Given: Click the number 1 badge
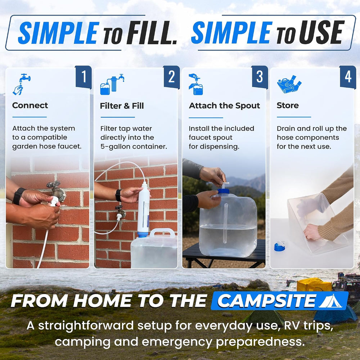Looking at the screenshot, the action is coord(84,77).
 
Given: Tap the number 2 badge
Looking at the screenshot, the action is coord(171,77).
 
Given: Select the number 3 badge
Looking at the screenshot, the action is coord(260,77).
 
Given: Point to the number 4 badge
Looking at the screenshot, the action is coord(348,77).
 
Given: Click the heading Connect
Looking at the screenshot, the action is coord(30,105).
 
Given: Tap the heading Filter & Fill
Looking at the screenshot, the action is coord(122,106).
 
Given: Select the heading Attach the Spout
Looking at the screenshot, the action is coord(224,105).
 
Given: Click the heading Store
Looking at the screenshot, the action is coord(288,105).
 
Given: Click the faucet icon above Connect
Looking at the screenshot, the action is coord(21,84).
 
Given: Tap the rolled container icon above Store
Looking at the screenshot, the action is coord(289,84).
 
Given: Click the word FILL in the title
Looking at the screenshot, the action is coord(151,33).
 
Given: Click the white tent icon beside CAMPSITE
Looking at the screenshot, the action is coord(330,301).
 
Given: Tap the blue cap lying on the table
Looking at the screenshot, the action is coord(280,246).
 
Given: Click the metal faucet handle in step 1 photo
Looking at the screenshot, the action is coord(54,184).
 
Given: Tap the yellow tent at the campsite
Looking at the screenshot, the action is coord(314,285).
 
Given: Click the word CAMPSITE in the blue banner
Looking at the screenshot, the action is coord(266,301).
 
